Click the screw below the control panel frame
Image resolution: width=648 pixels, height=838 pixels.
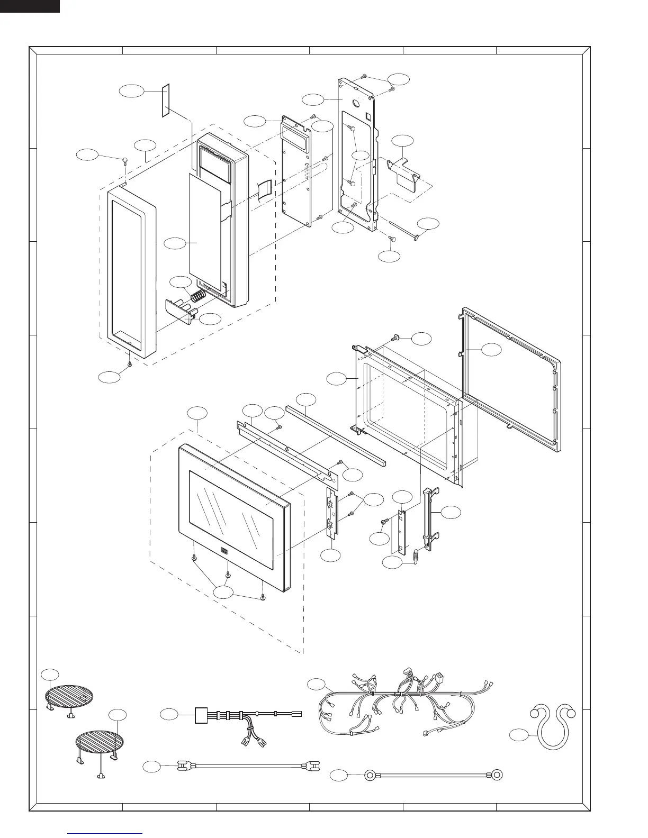pyautogui.click(x=130, y=364)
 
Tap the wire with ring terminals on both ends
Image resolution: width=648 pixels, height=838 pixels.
pyautogui.click(x=432, y=776)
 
